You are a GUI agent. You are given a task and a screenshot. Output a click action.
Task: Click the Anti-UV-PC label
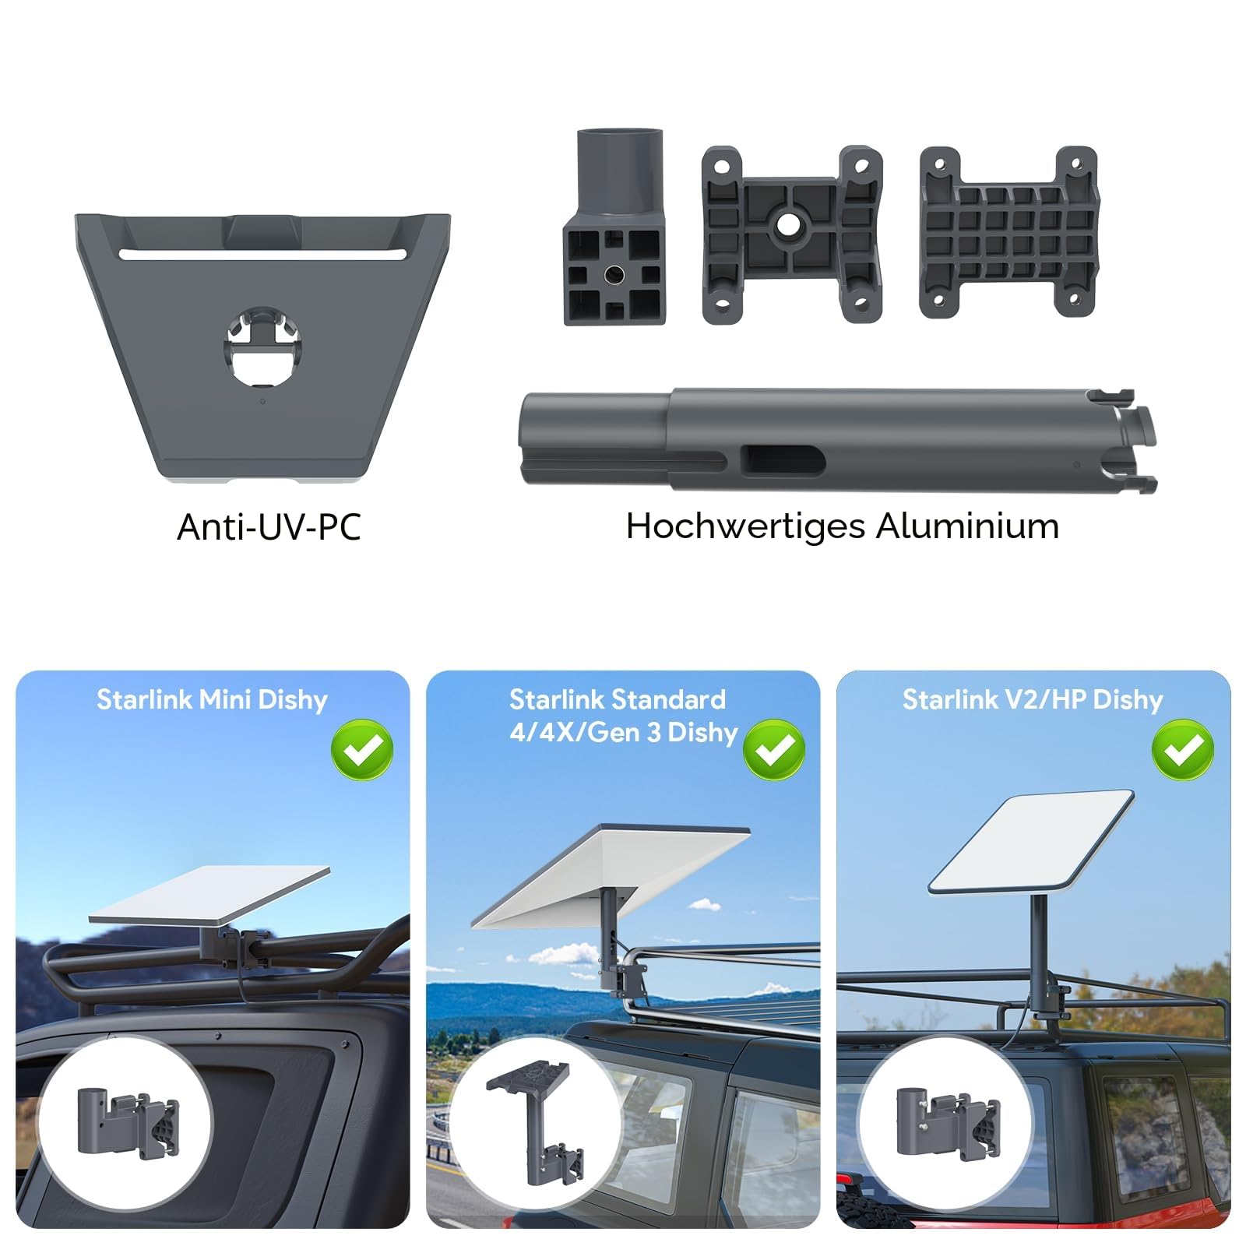tap(269, 527)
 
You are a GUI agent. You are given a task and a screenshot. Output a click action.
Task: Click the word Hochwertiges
tap(746, 527)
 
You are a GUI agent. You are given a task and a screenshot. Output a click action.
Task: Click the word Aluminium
tap(968, 526)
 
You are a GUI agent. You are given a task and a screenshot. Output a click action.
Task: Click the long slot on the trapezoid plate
tap(262, 254)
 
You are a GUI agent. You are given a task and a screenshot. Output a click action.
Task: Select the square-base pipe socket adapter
tap(614, 227)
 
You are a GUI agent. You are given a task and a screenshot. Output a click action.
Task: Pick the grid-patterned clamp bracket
tap(1009, 232)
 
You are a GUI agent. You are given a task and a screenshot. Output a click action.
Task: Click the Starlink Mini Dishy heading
tap(212, 699)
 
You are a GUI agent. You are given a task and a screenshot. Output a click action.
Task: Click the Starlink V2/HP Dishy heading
tap(1033, 699)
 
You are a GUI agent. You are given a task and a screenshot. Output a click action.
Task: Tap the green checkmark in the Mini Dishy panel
tap(362, 750)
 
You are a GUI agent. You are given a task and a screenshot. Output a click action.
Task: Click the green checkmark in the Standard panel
tap(774, 750)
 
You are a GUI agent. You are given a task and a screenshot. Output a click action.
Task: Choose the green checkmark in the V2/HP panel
tap(1183, 750)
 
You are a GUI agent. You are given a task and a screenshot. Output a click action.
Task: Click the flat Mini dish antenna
tap(209, 896)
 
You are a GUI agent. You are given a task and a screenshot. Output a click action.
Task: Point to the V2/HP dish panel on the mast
tap(1031, 843)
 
